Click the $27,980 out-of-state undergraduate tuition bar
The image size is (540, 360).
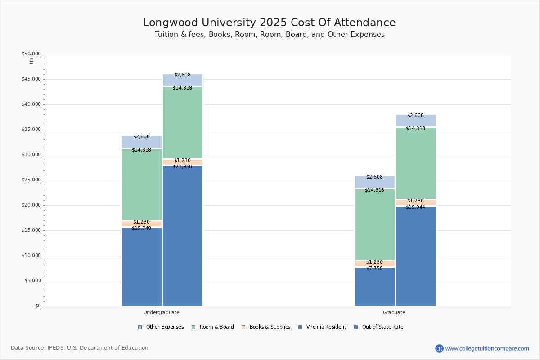[x=183, y=236]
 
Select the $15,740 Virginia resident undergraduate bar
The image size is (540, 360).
[x=142, y=266]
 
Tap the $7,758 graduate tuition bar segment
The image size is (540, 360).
[x=375, y=287]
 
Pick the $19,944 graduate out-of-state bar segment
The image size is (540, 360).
[x=416, y=256]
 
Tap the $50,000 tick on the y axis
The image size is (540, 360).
[x=31, y=54]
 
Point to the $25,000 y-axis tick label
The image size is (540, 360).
[x=31, y=180]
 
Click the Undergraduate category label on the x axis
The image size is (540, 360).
[x=162, y=312]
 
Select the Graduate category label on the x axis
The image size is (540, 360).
[x=394, y=312]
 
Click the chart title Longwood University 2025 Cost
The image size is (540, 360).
[x=270, y=23]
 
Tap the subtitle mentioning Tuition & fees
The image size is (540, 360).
[x=270, y=35]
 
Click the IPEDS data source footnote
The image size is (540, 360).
[x=80, y=348]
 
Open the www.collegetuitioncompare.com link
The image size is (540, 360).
[x=487, y=348]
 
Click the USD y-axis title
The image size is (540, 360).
[x=31, y=58]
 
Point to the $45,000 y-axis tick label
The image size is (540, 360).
[x=31, y=79]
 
